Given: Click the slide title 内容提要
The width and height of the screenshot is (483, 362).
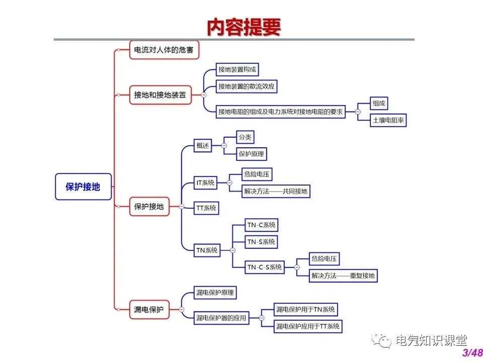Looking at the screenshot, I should (244, 27).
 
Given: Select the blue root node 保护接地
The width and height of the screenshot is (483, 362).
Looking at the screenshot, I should (83, 187).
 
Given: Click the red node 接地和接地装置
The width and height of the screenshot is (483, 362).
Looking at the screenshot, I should (160, 95).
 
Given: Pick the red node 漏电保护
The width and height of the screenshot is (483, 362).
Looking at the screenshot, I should (149, 309).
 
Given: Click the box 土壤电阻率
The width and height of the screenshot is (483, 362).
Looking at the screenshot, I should (388, 121).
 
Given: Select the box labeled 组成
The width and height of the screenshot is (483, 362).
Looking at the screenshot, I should (379, 104).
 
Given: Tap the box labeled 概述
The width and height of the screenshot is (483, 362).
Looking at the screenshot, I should (202, 146).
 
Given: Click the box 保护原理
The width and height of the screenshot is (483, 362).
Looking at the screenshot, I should (252, 154).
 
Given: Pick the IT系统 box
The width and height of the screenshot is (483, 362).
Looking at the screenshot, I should (205, 183).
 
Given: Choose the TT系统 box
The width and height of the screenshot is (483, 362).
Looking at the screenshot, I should (206, 208).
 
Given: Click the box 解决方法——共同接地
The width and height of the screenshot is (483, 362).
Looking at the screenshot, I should (276, 191).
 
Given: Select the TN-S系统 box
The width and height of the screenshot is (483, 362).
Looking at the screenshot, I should (261, 242).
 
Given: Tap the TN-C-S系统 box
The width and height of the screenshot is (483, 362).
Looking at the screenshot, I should (264, 267).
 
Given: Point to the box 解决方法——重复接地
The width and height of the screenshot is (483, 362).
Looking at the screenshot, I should (343, 276).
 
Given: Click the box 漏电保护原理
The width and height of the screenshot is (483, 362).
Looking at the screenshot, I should (215, 292).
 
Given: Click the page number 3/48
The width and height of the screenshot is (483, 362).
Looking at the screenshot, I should (472, 352).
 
